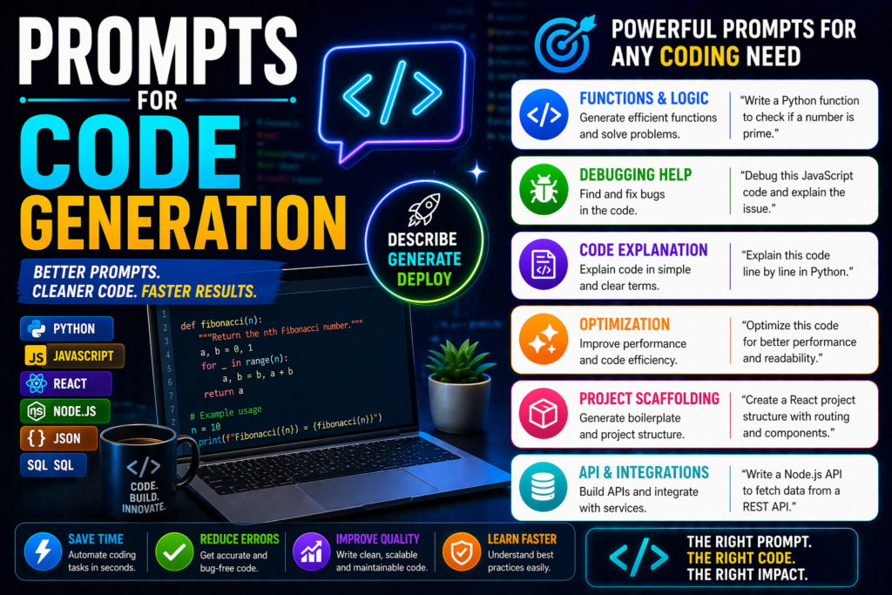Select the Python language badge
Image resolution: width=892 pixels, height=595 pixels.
tap(66, 328)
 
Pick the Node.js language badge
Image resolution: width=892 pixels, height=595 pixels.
tap(66, 410)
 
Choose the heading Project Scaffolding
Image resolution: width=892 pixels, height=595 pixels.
tap(649, 398)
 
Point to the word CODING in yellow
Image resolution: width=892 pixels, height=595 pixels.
tap(699, 57)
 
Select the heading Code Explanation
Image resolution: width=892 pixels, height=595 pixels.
tap(643, 249)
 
